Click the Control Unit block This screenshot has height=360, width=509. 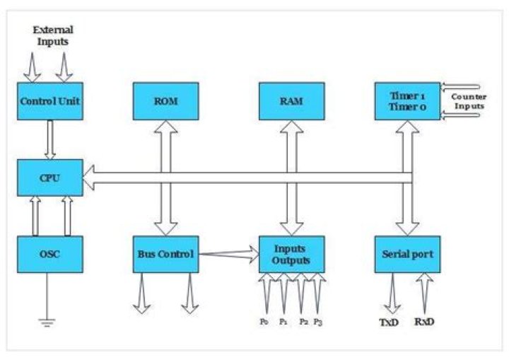[50, 101]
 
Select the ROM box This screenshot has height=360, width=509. [165, 101]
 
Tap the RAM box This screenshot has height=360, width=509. [291, 101]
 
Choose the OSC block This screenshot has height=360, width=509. [50, 255]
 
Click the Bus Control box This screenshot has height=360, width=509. [165, 255]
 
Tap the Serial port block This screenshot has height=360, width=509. [406, 255]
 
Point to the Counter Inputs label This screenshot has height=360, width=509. [469, 100]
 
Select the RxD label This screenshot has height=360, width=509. [424, 322]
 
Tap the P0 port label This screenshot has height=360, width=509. [264, 322]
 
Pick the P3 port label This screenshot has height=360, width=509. [320, 322]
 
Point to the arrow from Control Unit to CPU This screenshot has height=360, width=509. [50, 139]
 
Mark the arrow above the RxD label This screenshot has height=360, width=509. [425, 293]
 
